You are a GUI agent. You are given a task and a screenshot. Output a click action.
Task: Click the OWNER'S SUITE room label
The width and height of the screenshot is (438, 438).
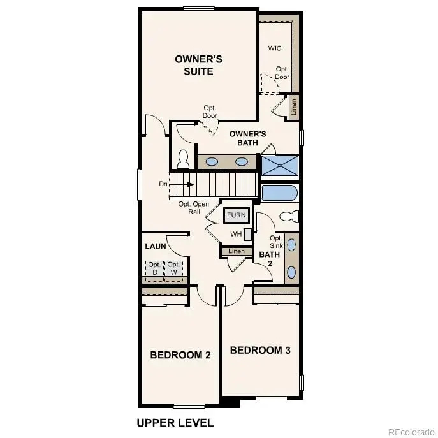click(x=198, y=65)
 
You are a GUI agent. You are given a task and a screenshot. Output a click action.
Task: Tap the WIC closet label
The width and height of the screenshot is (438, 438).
click(x=275, y=48)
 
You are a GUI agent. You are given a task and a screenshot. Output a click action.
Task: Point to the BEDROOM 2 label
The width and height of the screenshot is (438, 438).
click(x=180, y=355)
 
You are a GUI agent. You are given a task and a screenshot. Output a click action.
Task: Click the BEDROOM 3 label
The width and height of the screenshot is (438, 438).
click(x=260, y=350)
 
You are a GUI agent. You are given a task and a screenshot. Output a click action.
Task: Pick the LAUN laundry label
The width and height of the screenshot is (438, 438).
click(x=155, y=245)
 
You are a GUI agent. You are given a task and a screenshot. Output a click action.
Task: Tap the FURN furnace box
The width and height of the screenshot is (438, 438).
click(x=235, y=215)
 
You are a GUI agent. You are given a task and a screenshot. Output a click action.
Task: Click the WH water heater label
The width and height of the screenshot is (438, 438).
click(x=236, y=234)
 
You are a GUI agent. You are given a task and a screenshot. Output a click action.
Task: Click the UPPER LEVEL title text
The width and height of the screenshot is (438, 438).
click(x=175, y=423)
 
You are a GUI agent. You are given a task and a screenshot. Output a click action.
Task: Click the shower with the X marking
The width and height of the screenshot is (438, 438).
click(x=280, y=165)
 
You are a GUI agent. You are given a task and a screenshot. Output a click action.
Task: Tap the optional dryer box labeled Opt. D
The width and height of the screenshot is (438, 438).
click(x=154, y=269)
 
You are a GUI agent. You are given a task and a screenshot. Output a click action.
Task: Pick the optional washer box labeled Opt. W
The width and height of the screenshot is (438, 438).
click(x=173, y=269)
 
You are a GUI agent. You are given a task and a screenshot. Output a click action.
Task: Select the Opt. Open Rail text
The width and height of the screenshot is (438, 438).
click(x=193, y=208)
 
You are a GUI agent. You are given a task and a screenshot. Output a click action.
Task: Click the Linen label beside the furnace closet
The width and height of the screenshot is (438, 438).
click(x=236, y=252)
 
